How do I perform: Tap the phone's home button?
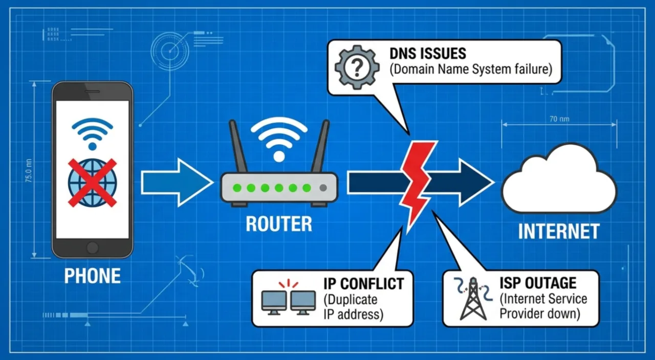[x=92, y=247]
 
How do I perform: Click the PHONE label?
[x=92, y=276]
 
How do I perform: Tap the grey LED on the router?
[x=322, y=188]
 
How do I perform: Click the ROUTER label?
[x=279, y=224]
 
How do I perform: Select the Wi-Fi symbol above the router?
[x=279, y=138]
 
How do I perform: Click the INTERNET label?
[x=559, y=232]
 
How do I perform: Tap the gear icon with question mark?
[x=357, y=67]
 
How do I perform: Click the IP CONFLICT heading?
[x=363, y=283]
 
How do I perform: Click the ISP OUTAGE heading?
[x=538, y=283]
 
